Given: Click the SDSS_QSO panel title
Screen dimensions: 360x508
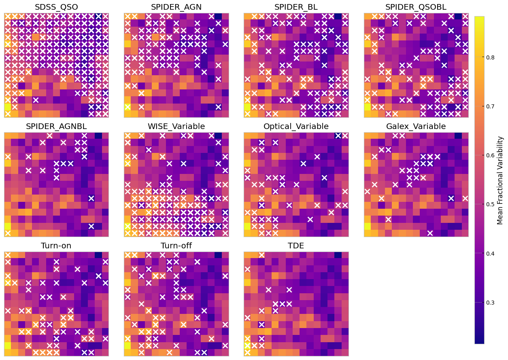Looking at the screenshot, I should tap(56, 7).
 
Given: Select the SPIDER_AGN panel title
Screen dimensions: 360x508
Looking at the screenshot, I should tap(176, 7).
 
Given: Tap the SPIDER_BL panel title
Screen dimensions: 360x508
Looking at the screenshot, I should tap(296, 7).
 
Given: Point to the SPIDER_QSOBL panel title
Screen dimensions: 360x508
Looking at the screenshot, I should tap(416, 7).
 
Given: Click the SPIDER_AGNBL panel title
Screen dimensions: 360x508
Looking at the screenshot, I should tap(56, 126).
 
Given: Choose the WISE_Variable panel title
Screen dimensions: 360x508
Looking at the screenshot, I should tap(176, 126).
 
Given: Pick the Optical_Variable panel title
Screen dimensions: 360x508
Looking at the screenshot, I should tap(296, 126).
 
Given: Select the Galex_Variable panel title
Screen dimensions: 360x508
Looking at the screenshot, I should tap(416, 126).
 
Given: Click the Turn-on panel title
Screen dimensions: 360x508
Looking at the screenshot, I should tap(56, 246).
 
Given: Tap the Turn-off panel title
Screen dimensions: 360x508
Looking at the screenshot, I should tap(176, 246).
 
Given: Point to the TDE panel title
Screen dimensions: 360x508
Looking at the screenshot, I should tap(296, 246).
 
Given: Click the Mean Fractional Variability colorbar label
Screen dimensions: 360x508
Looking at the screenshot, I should tap(500, 180).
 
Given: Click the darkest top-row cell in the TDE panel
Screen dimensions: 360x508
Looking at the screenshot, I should tap(338, 255).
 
